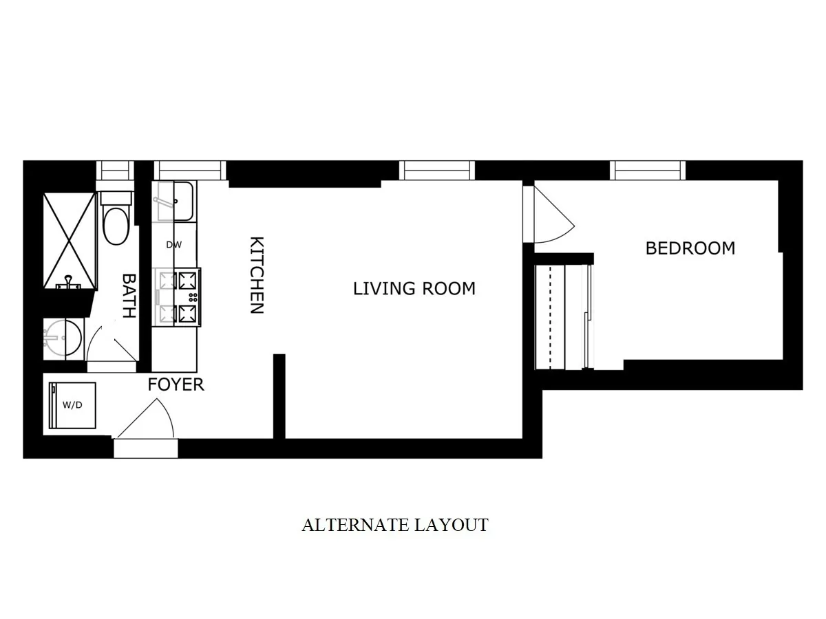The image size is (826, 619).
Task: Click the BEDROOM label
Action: (x=690, y=248)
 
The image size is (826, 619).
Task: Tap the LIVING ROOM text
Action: (x=414, y=288)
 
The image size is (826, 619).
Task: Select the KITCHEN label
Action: (x=256, y=275)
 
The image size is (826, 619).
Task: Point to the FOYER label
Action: (x=176, y=384)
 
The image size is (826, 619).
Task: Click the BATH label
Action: (x=129, y=296)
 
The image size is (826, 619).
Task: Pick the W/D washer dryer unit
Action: (x=72, y=404)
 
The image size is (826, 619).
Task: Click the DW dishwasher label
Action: (x=173, y=245)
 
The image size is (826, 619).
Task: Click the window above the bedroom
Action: (x=648, y=170)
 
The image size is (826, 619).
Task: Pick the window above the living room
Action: (x=437, y=170)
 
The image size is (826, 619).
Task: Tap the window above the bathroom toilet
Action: (x=114, y=170)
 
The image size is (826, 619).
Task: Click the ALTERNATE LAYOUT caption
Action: (x=395, y=525)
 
